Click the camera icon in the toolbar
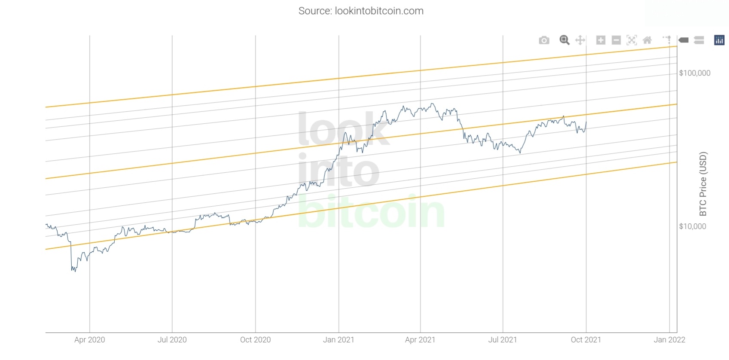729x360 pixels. click(x=544, y=40)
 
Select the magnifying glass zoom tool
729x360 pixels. click(x=564, y=40)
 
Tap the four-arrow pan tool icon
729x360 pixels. click(x=580, y=40)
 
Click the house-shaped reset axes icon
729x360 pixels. click(x=647, y=40)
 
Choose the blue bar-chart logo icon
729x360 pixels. click(x=719, y=40)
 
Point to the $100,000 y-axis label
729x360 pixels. click(x=695, y=73)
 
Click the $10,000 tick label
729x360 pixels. click(x=692, y=226)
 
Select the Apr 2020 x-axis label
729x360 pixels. click(x=89, y=340)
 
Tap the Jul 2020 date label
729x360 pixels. click(x=172, y=340)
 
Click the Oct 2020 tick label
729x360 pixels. click(x=255, y=340)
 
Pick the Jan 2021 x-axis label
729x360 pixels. click(x=339, y=340)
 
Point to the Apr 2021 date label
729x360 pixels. click(x=420, y=340)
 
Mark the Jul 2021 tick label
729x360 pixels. click(x=503, y=340)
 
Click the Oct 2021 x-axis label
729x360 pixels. click(x=586, y=340)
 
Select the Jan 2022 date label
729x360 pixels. click(x=669, y=340)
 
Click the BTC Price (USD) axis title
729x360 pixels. click(x=703, y=184)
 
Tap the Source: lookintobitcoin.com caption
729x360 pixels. click(x=361, y=11)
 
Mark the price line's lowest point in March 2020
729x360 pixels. click(x=75, y=271)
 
